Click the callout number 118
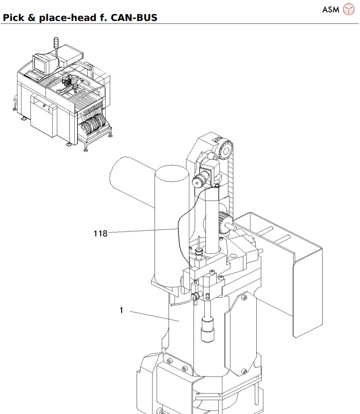pos(100,233)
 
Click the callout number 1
pos(121,310)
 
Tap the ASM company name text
pos(330,9)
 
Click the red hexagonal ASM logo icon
pos(349,9)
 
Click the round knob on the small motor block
pos(198,183)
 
